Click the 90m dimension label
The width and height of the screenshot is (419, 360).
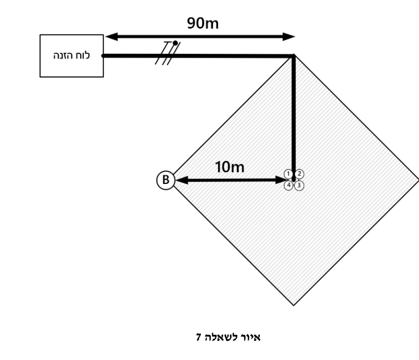(203, 23)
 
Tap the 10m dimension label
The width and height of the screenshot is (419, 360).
(230, 167)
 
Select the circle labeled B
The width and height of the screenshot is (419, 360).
(166, 180)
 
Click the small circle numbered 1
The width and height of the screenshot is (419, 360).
(288, 174)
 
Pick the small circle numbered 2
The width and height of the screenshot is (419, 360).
(299, 174)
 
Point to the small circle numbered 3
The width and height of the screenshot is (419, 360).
(299, 185)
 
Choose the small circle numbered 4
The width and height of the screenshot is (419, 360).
(288, 185)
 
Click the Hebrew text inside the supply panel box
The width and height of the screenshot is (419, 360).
(71, 55)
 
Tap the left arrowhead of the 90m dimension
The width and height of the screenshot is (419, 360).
(111, 36)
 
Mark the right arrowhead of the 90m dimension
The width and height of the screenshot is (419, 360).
(289, 36)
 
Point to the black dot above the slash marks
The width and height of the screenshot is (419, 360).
(175, 43)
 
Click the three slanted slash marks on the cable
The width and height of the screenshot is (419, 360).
(168, 53)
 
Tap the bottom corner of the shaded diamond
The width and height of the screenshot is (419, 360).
(294, 305)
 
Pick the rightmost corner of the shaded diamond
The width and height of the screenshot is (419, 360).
(418, 180)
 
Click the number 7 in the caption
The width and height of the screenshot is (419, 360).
(198, 337)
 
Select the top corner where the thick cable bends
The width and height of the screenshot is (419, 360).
(293, 56)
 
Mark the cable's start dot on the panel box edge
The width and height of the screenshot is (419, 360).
(104, 56)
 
